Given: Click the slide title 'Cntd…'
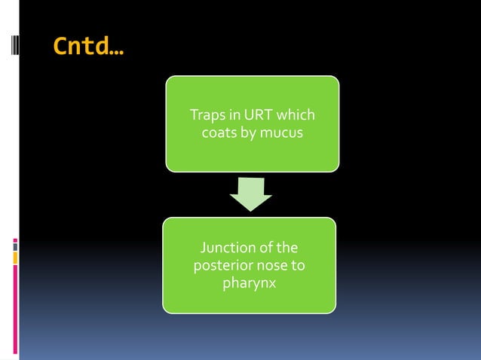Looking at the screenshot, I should click(x=89, y=47).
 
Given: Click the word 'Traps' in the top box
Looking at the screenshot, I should click(x=206, y=116).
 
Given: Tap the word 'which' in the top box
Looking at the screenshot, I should click(x=296, y=116).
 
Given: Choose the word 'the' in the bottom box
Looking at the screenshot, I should click(x=287, y=248).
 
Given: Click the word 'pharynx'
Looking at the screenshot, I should click(x=250, y=284).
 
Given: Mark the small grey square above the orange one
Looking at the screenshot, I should click(x=15, y=245).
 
